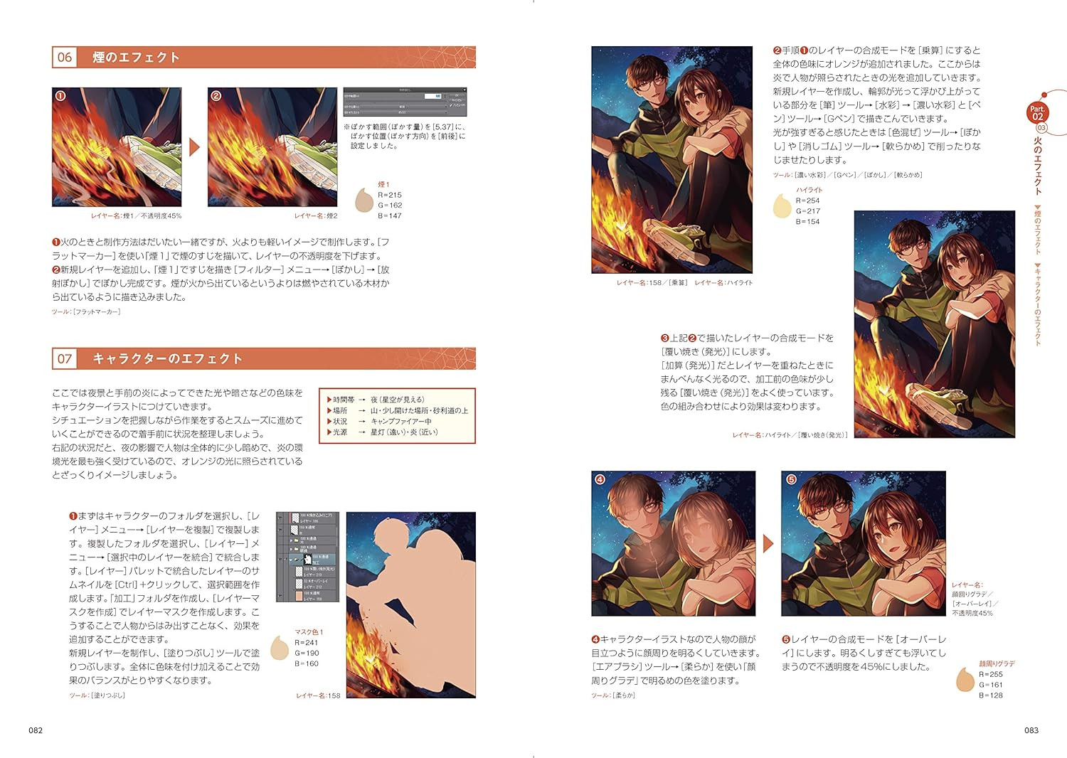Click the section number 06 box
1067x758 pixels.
pyautogui.click(x=65, y=58)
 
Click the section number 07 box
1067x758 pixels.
pyautogui.click(x=65, y=359)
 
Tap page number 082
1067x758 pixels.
pyautogui.click(x=36, y=730)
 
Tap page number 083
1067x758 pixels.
pyautogui.click(x=1031, y=730)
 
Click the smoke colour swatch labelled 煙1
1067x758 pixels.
pyautogui.click(x=364, y=201)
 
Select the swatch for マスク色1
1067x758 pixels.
pyautogui.click(x=280, y=648)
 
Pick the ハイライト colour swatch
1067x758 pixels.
pyautogui.click(x=782, y=206)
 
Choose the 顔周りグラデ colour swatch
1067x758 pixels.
pyautogui.click(x=965, y=680)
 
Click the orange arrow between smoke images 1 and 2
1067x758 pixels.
pyautogui.click(x=194, y=147)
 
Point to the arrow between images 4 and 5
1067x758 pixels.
pyautogui.click(x=768, y=544)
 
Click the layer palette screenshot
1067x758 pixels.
pyautogui.click(x=307, y=557)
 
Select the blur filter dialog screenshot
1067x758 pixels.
pyautogui.click(x=405, y=102)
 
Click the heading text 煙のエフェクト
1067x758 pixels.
pyautogui.click(x=136, y=58)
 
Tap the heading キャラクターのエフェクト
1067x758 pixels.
pyautogui.click(x=167, y=359)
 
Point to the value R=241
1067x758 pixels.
pyautogui.click(x=307, y=643)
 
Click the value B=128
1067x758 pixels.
pyautogui.click(x=990, y=695)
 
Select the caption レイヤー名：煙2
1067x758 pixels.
pyautogui.click(x=316, y=216)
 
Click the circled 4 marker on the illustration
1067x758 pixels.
pyautogui.click(x=600, y=479)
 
